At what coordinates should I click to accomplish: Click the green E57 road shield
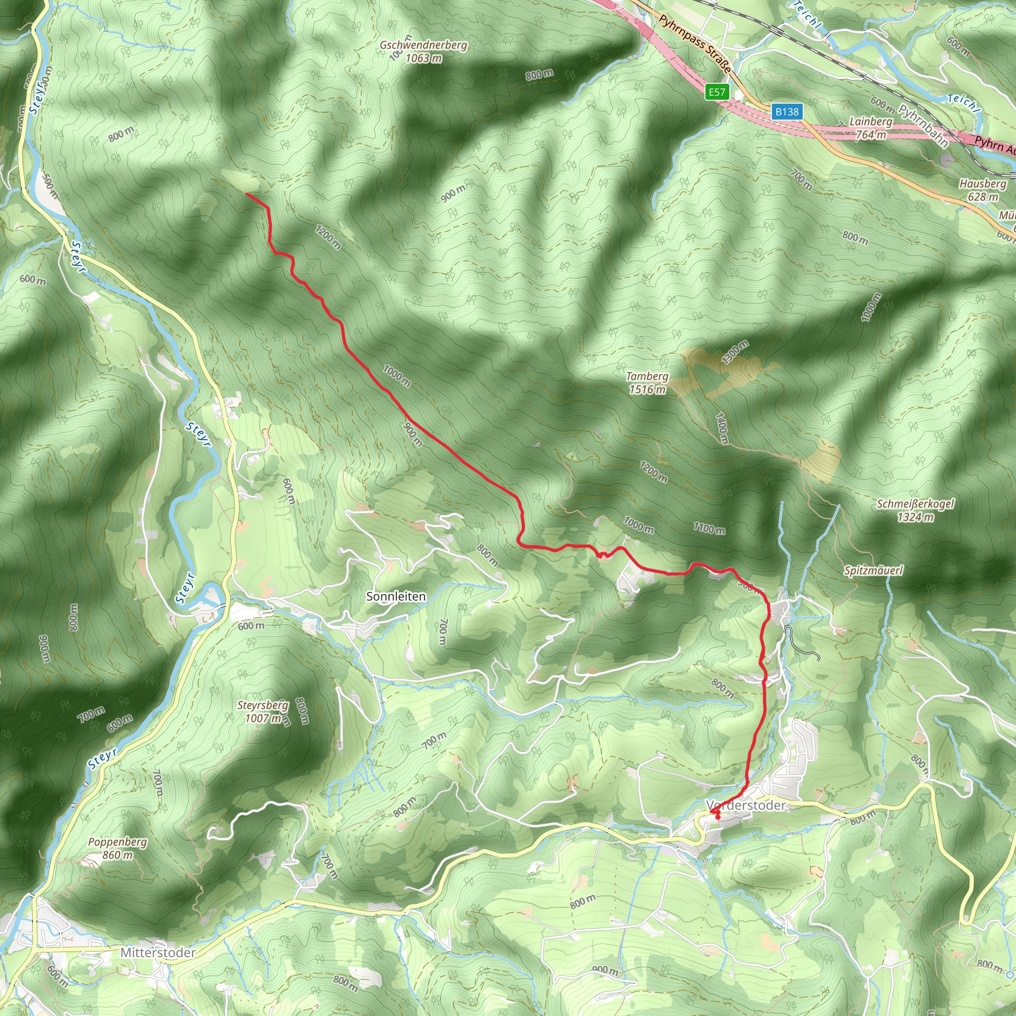tap(717, 93)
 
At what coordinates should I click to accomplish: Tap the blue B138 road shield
tap(787, 112)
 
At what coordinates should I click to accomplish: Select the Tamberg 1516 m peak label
tap(647, 383)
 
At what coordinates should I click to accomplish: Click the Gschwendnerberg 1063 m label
tap(423, 52)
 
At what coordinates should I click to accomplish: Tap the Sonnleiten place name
tap(396, 596)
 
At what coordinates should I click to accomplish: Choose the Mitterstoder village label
tap(158, 952)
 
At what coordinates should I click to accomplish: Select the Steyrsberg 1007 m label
tap(263, 711)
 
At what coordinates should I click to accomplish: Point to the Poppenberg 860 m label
tap(117, 848)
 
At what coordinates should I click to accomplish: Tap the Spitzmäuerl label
tap(874, 571)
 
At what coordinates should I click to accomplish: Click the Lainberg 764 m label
tap(871, 128)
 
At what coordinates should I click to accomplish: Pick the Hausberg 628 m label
tap(982, 190)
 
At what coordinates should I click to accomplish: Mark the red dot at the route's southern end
tap(718, 818)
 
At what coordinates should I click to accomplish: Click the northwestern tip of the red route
tap(247, 194)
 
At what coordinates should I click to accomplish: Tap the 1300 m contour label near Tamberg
tap(735, 352)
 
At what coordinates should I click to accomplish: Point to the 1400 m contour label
tap(721, 428)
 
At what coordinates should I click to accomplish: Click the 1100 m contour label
tap(709, 528)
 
